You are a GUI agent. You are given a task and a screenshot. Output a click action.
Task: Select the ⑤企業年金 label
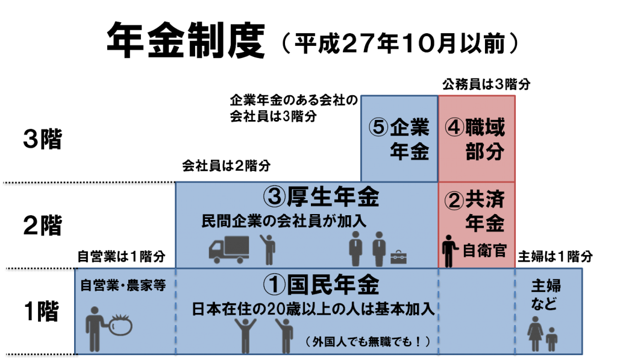[x=399, y=139]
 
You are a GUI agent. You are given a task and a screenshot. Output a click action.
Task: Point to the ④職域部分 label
[x=475, y=139]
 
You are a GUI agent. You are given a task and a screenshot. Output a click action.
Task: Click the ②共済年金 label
[x=475, y=211]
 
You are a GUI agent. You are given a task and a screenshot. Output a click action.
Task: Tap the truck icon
[x=229, y=249]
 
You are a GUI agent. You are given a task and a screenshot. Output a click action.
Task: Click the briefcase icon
[x=398, y=257]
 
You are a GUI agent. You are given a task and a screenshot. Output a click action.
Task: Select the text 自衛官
[x=484, y=251]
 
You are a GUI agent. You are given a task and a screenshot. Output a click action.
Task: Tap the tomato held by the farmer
[x=120, y=325]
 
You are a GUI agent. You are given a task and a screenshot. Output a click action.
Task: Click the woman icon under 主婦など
[x=535, y=333]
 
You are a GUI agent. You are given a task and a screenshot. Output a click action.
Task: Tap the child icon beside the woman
[x=551, y=339]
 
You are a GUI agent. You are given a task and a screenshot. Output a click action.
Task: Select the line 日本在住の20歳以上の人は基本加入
[x=313, y=309]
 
